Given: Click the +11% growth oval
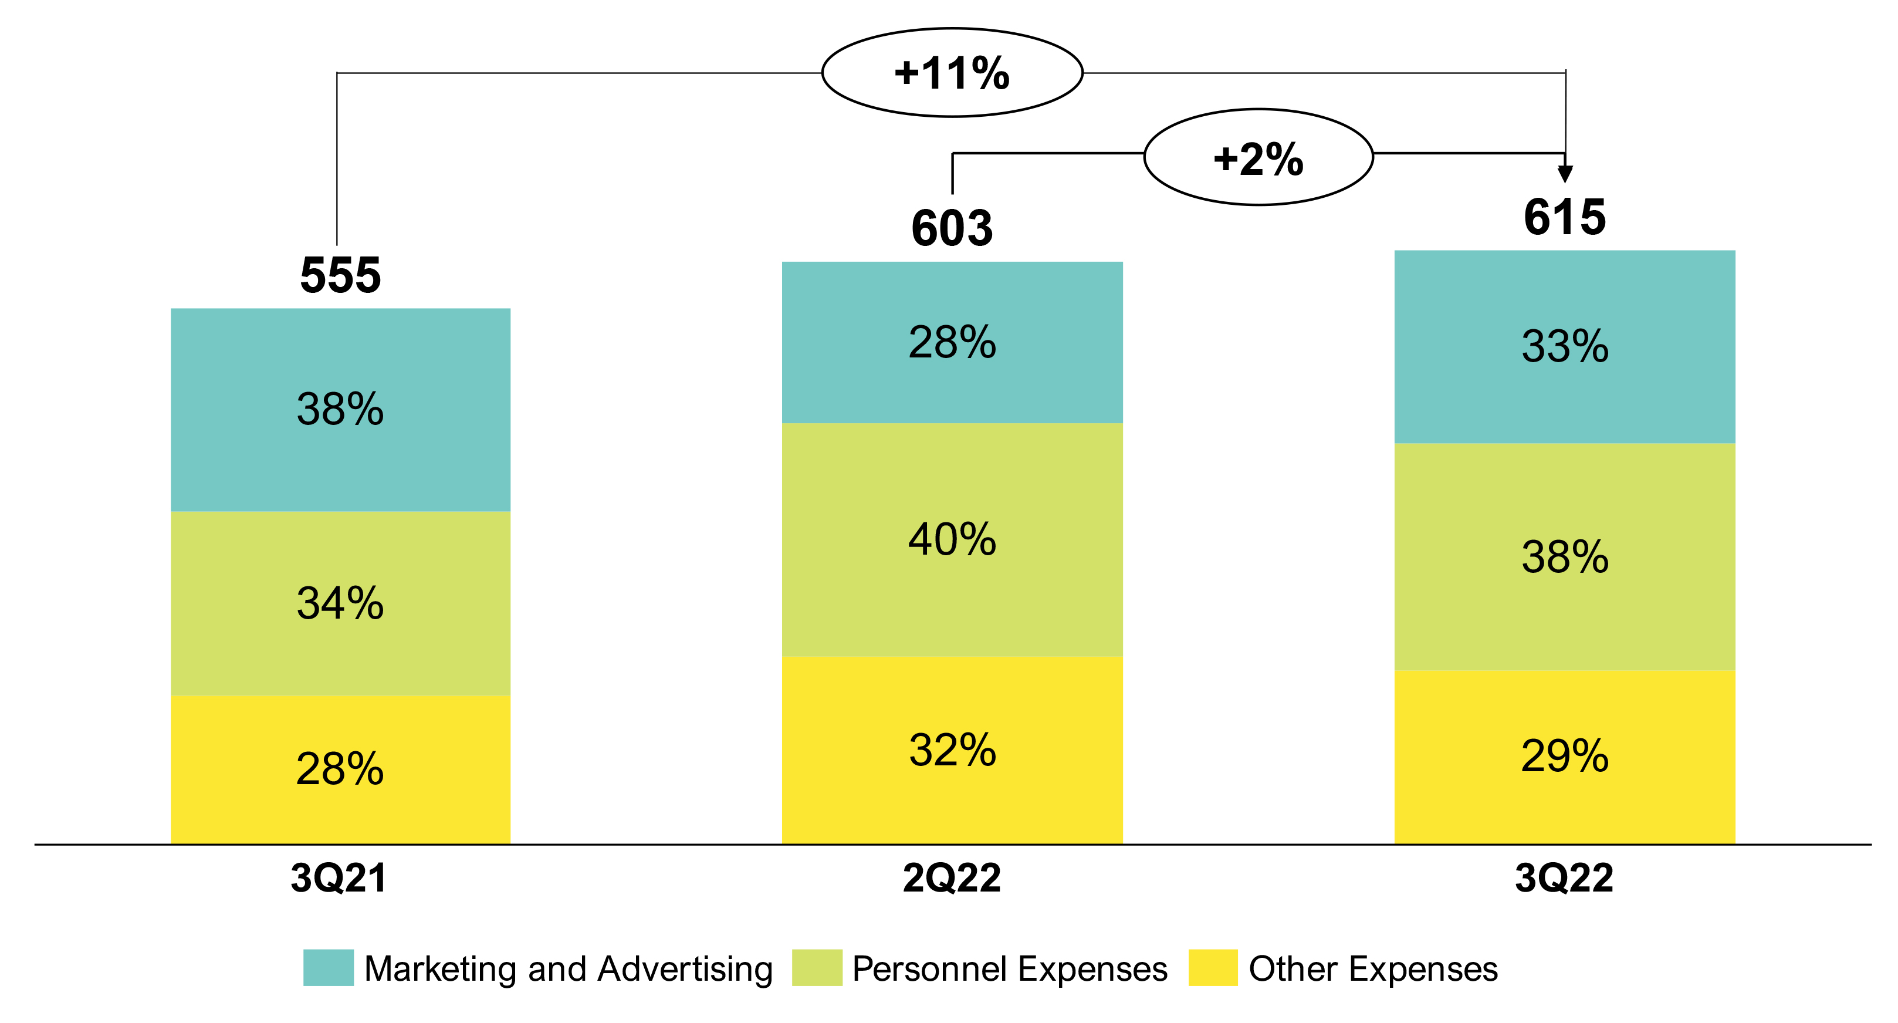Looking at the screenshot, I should click(x=952, y=72).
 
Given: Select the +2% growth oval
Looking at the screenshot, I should click(x=1258, y=157).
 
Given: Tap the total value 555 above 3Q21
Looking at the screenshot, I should click(x=340, y=275).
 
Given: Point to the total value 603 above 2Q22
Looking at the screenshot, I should click(x=952, y=228).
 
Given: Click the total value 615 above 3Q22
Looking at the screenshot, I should click(x=1564, y=217).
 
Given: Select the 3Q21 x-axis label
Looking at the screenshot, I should click(x=339, y=878).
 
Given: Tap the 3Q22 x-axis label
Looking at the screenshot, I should click(x=1564, y=878).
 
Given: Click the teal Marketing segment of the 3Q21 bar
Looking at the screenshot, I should click(x=340, y=457).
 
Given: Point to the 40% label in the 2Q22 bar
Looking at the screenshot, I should click(x=952, y=539).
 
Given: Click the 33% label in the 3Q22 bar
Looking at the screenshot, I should click(x=1565, y=346).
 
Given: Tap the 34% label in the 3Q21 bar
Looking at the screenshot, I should click(x=340, y=603).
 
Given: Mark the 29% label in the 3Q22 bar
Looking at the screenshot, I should click(x=1565, y=755).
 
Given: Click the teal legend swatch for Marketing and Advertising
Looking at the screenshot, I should click(x=328, y=968).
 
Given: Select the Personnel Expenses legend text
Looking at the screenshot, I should click(x=1009, y=968).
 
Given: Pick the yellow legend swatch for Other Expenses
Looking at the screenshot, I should click(x=1213, y=968).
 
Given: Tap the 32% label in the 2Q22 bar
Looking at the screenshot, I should click(x=952, y=749).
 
